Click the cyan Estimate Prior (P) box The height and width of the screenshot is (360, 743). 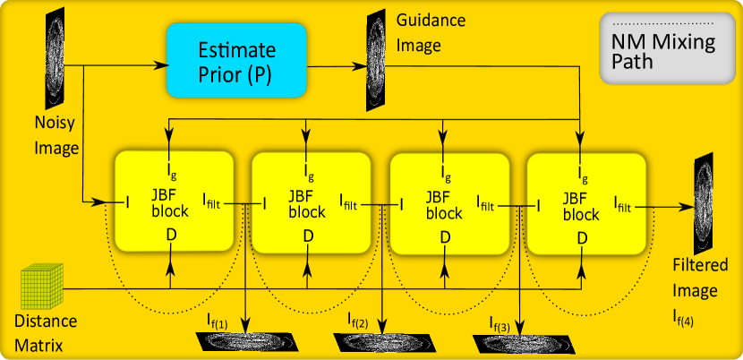click(236, 60)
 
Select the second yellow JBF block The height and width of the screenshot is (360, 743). click(311, 203)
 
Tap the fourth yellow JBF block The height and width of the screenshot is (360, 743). click(586, 203)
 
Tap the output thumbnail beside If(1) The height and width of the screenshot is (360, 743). click(245, 342)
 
